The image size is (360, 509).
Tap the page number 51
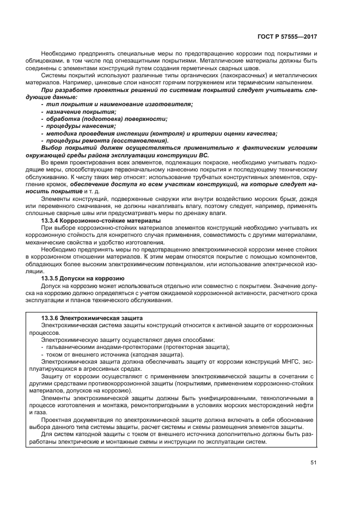click(313, 463)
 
